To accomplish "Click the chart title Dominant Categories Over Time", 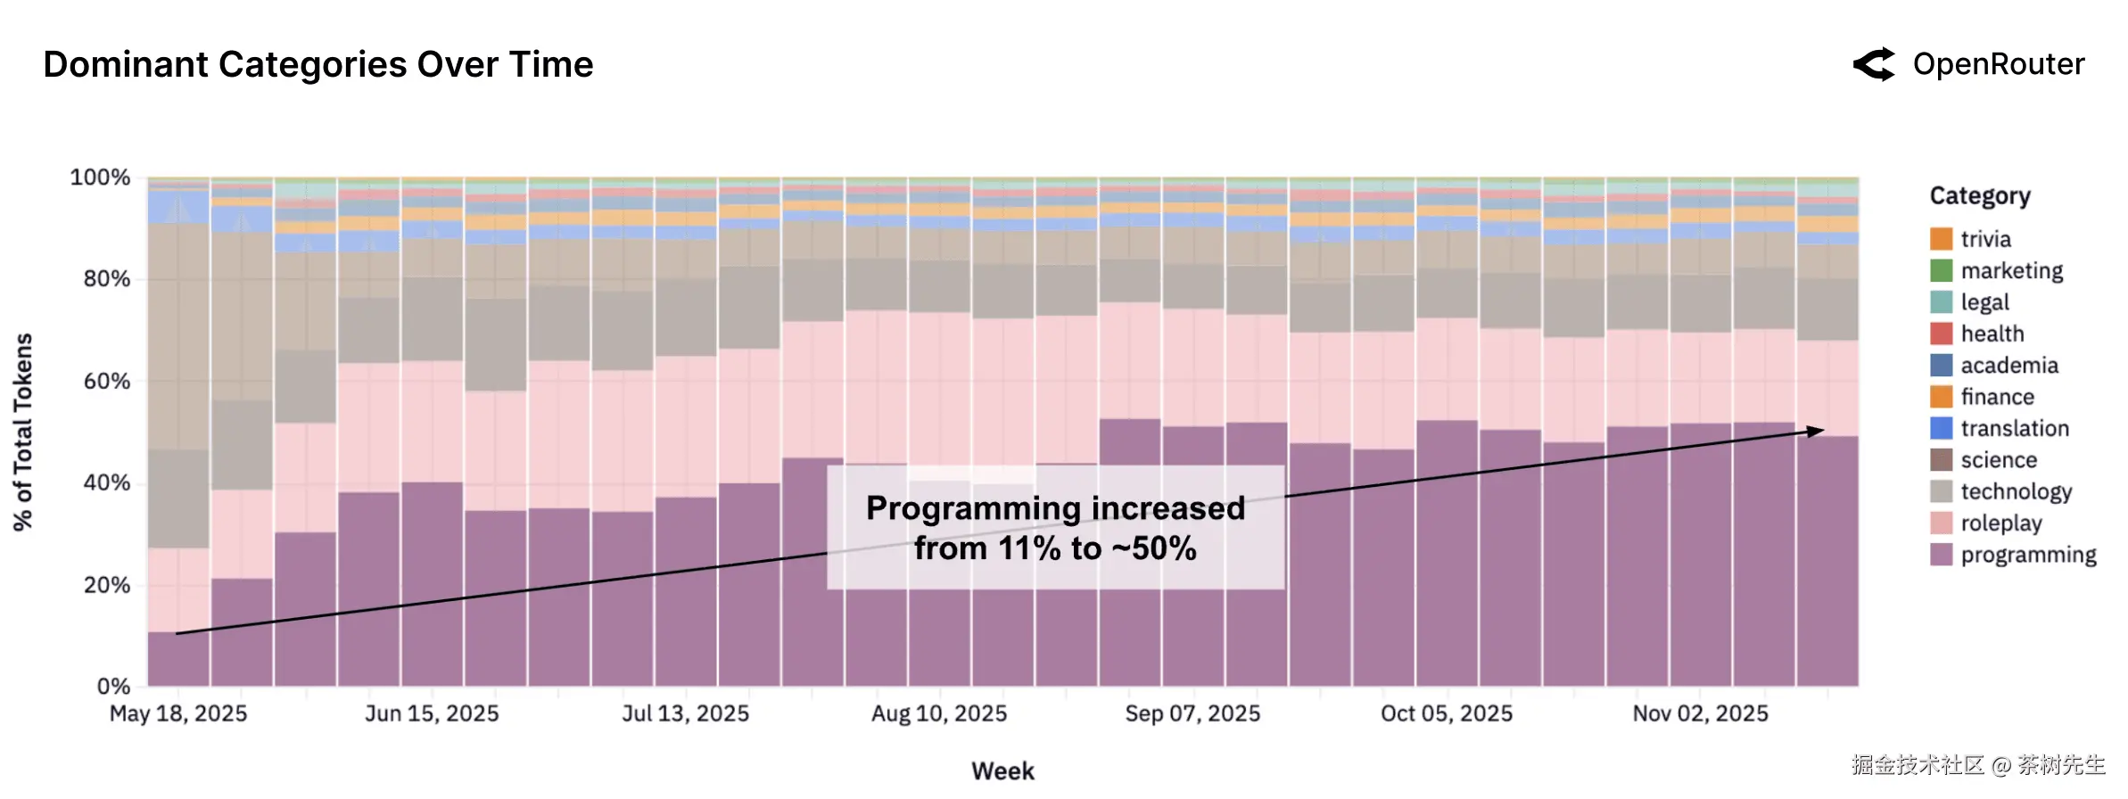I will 318,65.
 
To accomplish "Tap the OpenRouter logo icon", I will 1874,65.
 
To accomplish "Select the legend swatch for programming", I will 1941,555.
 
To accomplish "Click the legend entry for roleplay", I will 2000,523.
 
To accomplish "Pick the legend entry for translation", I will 2014,429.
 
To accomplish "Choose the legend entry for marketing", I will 2011,271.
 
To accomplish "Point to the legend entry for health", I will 1992,334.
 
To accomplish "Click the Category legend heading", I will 1979,196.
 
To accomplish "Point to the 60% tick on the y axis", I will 107,382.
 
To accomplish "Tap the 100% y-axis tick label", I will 100,177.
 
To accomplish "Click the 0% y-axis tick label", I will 113,687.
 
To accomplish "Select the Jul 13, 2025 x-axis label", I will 685,714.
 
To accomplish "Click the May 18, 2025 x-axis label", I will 178,714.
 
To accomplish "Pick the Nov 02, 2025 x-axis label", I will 1700,714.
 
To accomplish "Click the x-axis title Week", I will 1002,771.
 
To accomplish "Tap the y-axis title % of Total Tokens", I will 23,432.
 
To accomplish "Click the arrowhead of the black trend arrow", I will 1816,432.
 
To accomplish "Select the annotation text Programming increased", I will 1055,508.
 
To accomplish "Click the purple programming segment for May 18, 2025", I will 178,660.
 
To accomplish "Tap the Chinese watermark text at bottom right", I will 1977,765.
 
